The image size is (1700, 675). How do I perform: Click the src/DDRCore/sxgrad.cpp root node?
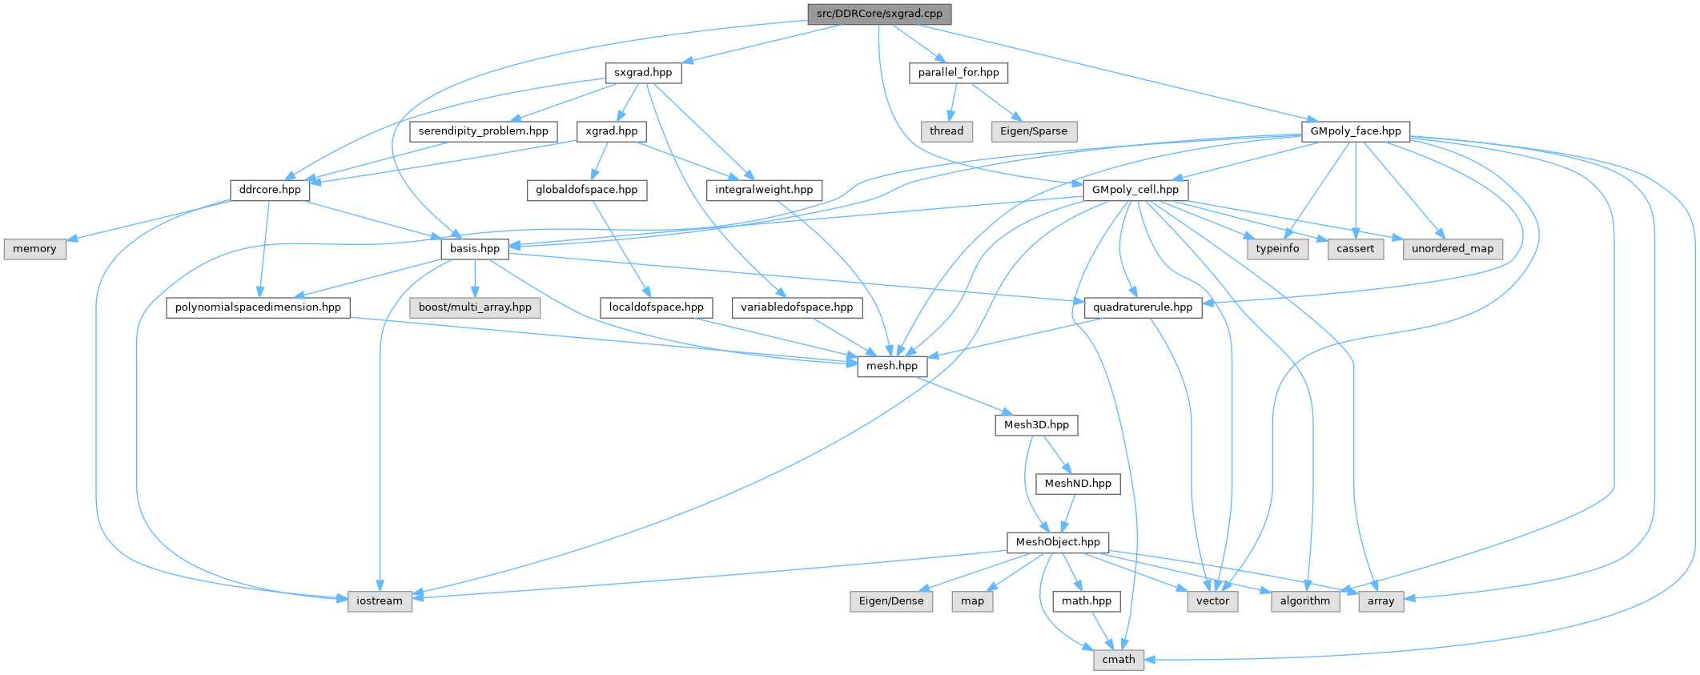[879, 14]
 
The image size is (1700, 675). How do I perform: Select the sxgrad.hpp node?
[643, 72]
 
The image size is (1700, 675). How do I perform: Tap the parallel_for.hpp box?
[959, 72]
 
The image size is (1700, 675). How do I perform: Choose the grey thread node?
[946, 131]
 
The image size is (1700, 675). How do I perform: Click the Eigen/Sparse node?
[1034, 131]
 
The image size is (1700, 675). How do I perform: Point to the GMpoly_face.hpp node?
[1355, 131]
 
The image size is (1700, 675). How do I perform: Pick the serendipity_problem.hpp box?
[483, 131]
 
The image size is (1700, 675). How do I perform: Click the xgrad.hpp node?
[611, 131]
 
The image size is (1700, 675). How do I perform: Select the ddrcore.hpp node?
[270, 190]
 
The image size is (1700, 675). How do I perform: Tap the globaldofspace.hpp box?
[586, 190]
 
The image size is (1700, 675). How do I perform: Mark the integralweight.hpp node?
[764, 190]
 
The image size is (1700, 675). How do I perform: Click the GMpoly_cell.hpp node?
[1135, 190]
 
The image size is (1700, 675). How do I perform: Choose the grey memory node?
[34, 249]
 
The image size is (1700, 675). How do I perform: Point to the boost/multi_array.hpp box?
[475, 307]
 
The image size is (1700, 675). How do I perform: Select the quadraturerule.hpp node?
[1143, 307]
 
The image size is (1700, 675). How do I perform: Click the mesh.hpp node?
[892, 366]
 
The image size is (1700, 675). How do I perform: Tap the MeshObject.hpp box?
[1058, 542]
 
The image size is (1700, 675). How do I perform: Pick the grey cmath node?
[1119, 660]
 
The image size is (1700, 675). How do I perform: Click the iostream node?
[380, 601]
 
